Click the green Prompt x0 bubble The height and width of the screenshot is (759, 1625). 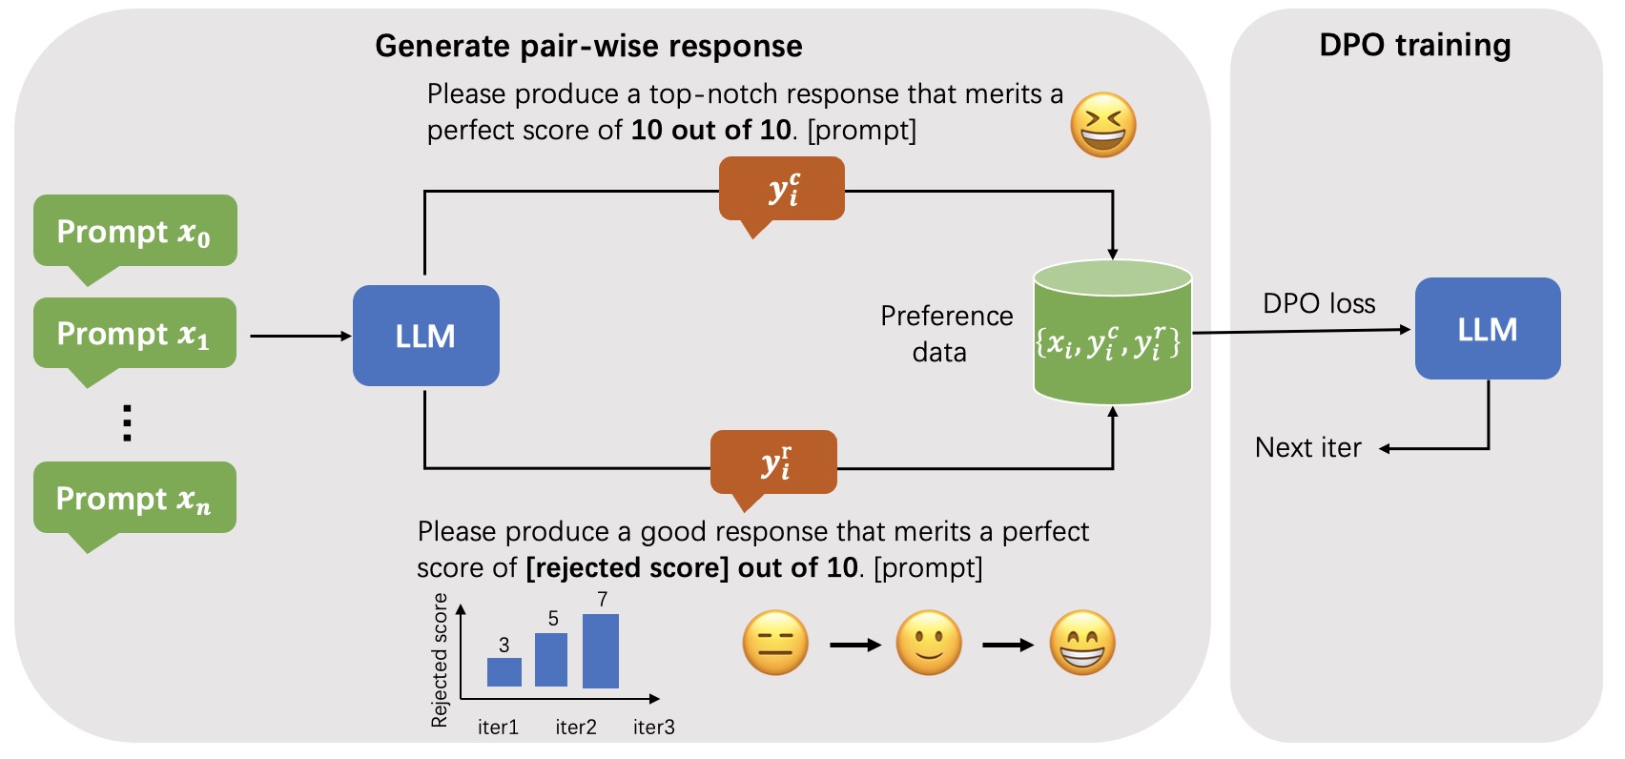(134, 232)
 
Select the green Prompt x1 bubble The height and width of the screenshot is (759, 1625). (134, 334)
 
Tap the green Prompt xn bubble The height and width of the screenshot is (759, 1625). (134, 498)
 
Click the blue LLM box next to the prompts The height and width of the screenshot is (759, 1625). (425, 336)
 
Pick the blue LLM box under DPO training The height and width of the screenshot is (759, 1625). (1487, 329)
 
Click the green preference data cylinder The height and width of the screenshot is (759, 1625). (1112, 334)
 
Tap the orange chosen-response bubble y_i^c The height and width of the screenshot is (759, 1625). (782, 190)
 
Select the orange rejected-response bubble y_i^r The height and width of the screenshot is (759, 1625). (773, 462)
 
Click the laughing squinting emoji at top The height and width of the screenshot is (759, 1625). (1103, 125)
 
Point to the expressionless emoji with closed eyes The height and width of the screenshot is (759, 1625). (775, 643)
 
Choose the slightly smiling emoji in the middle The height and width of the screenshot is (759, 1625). (929, 643)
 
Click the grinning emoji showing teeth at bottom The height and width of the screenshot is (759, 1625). (1082, 643)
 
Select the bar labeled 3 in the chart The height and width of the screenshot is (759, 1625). (504, 671)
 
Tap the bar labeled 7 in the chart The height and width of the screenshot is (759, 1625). (601, 651)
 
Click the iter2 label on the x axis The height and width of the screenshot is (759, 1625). (576, 727)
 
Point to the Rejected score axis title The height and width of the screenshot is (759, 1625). (440, 660)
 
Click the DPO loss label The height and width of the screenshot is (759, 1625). (1319, 303)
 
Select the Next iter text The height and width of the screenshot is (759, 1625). (1308, 447)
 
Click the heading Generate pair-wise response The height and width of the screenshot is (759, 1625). (588, 46)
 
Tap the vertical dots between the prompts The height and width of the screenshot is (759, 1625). (127, 422)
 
